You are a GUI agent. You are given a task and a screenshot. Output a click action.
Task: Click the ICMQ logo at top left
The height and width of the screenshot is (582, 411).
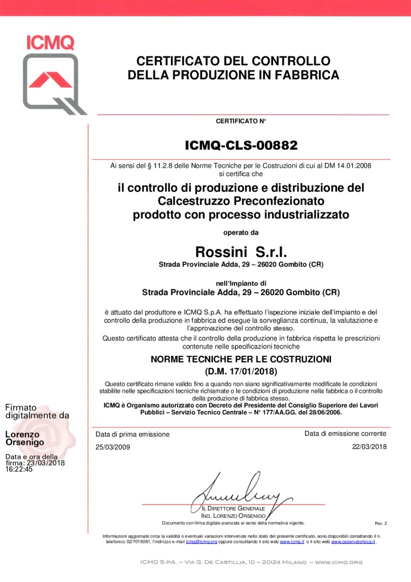coord(54,74)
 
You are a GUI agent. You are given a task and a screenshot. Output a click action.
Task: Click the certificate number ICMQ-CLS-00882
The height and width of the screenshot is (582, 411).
coord(241,145)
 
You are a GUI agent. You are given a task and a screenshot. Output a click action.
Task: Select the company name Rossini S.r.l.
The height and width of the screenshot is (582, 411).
coord(241,252)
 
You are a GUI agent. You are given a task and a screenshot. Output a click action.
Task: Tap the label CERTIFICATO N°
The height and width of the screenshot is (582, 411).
coord(241,121)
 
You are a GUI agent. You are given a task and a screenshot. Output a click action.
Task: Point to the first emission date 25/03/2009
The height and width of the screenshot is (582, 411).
coord(113,447)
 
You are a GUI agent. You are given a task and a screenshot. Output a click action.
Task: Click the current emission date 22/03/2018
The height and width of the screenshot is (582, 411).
coord(369,447)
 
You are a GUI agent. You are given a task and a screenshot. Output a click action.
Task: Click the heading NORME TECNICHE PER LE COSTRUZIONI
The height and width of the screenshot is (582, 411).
coord(241,359)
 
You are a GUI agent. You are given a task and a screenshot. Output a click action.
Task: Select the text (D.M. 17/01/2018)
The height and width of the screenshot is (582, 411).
coord(241,372)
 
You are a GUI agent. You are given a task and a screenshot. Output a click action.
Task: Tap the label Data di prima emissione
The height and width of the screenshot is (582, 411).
coord(133,434)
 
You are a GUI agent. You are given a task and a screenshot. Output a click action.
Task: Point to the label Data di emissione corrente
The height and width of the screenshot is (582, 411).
coord(345,434)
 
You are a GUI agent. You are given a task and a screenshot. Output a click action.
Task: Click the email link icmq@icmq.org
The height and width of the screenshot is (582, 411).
coord(202,542)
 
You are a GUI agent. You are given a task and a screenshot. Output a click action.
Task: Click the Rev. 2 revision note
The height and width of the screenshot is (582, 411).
coord(380,523)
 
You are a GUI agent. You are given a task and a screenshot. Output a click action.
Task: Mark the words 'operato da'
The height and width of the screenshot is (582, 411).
coord(241,232)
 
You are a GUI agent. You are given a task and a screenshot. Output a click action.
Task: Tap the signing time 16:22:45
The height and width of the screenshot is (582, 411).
coord(19,469)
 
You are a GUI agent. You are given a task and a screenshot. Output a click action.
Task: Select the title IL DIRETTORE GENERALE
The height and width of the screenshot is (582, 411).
coord(234,508)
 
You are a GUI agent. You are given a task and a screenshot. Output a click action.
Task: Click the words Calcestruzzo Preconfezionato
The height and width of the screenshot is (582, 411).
coord(241,201)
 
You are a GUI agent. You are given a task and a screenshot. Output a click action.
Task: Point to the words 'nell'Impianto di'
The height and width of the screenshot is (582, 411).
coord(241,283)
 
